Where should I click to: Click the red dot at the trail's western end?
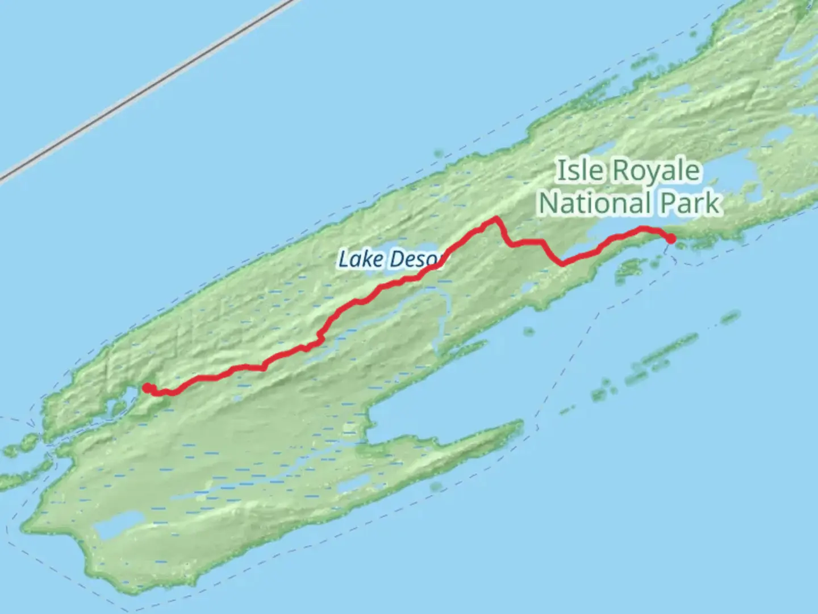pyautogui.click(x=147, y=388)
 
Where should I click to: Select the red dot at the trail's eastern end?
pyautogui.click(x=671, y=239)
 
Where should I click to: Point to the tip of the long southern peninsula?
pyautogui.click(x=518, y=424)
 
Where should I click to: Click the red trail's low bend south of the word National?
pyautogui.click(x=562, y=263)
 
